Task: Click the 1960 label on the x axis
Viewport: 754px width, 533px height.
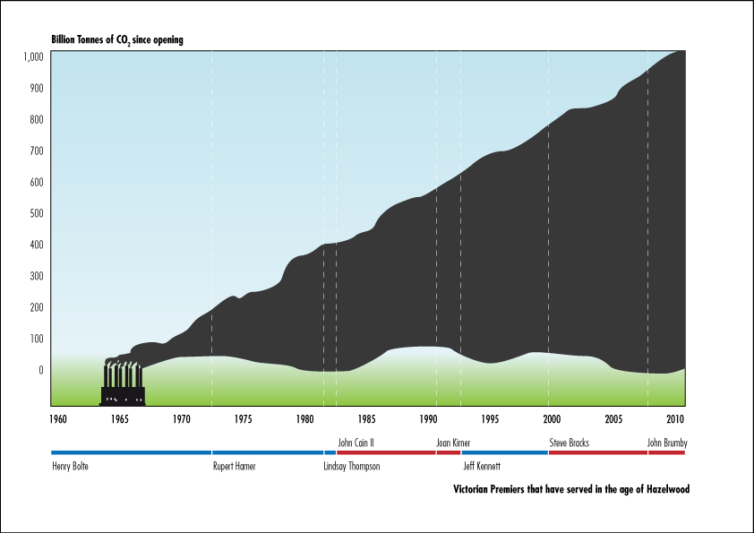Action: point(58,418)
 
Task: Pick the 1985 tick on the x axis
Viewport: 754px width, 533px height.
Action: point(367,418)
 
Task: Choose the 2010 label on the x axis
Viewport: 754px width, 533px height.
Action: point(675,418)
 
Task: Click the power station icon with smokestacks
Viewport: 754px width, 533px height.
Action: point(122,383)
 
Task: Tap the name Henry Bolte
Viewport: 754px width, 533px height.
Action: point(71,466)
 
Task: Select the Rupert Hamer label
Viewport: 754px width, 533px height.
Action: point(234,466)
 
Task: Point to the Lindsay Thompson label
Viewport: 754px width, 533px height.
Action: point(352,466)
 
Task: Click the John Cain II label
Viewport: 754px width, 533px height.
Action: point(356,443)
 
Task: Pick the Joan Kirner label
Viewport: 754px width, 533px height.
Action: point(453,443)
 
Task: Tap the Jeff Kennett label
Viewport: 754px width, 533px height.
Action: point(481,466)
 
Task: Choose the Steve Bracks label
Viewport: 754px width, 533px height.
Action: point(569,443)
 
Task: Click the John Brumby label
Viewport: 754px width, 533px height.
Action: point(667,443)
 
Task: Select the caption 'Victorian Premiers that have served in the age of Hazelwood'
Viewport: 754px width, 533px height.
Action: point(571,490)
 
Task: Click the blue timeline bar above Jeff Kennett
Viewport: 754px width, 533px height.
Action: point(504,452)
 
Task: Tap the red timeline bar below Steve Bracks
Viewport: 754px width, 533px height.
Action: point(597,452)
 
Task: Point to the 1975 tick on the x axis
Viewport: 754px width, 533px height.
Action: point(244,418)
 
